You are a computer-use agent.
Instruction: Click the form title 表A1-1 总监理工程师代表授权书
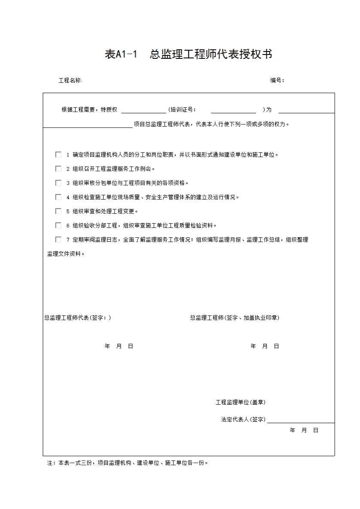point(188,55)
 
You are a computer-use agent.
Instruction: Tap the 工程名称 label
point(70,80)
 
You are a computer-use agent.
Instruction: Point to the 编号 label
point(277,80)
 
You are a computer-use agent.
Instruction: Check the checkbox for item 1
point(58,155)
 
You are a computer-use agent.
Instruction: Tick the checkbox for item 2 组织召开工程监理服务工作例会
point(58,169)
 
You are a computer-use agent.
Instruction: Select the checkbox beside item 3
point(58,183)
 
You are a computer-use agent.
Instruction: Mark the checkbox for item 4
point(58,197)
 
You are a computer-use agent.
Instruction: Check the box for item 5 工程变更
point(58,211)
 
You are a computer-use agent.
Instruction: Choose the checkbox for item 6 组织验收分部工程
point(58,225)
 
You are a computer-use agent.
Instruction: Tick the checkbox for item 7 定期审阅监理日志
point(58,239)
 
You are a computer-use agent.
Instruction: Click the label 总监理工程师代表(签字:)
point(78,318)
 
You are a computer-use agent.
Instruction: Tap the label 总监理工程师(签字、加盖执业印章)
point(235,318)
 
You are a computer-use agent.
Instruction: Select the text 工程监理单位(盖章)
point(241,403)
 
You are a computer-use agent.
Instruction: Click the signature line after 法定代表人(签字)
point(301,421)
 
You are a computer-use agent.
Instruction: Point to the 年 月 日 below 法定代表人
point(304,430)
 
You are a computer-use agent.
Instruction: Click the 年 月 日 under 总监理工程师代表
point(119,346)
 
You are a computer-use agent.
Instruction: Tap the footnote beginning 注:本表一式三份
point(128,463)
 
